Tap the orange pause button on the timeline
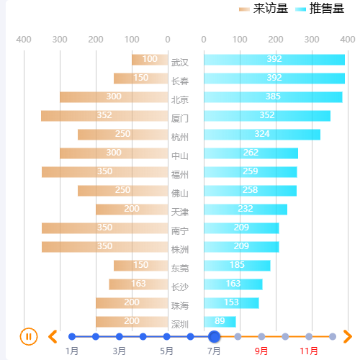(x=28, y=336)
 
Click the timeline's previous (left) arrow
(x=53, y=336)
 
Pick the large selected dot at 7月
(x=214, y=336)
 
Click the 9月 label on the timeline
(x=261, y=351)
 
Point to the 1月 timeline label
(x=72, y=351)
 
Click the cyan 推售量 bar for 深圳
(x=220, y=321)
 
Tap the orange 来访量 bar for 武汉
(x=150, y=59)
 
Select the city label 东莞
(x=180, y=268)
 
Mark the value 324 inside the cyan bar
(x=262, y=134)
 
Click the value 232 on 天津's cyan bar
(x=246, y=209)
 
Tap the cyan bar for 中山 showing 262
(x=251, y=153)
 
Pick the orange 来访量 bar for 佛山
(x=122, y=190)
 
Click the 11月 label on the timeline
(x=309, y=351)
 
